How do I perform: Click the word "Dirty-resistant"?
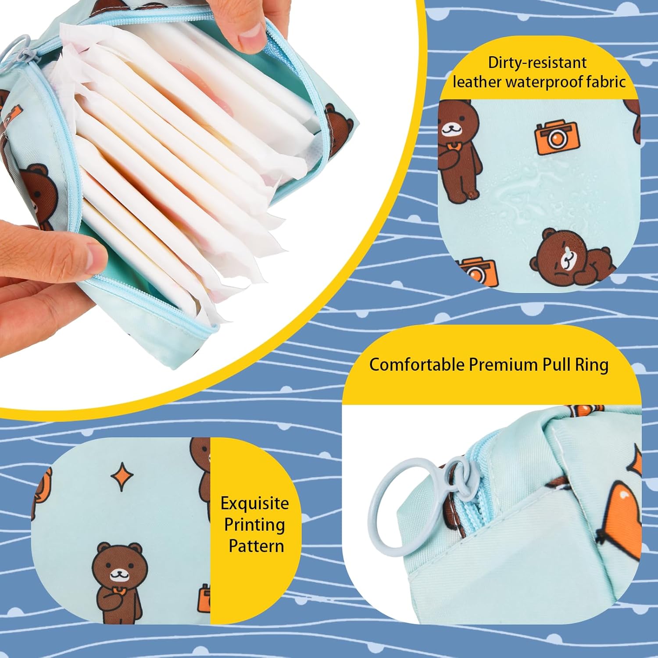(537, 63)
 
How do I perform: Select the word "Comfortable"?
(416, 365)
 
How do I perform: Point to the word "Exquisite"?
(255, 504)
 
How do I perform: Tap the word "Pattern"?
(256, 546)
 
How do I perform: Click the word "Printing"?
(254, 525)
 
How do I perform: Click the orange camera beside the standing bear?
(557, 137)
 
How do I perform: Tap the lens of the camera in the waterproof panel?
(557, 139)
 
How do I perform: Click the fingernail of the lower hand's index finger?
(94, 257)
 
